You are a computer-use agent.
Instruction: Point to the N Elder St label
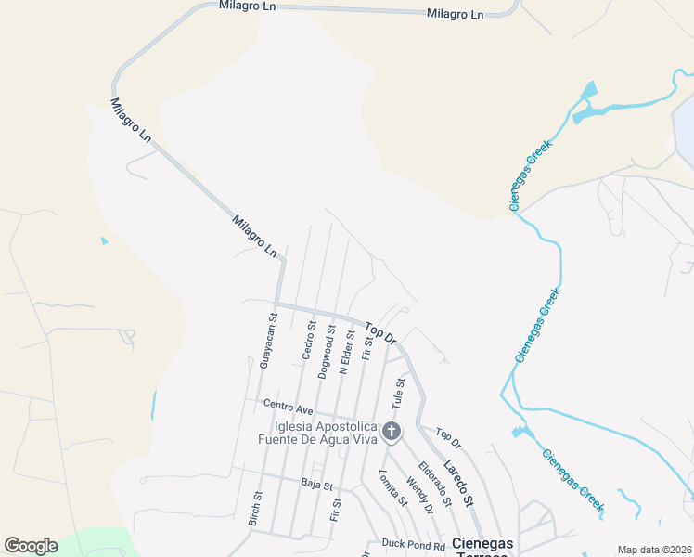pos(346,352)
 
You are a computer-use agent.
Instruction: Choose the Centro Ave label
pos(288,407)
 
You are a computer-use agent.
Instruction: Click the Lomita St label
pos(392,487)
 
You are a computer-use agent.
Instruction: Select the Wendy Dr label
pos(418,493)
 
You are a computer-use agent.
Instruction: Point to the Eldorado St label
pos(434,484)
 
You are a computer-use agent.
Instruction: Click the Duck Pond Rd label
pos(414,546)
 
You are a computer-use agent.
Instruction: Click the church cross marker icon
pos(392,431)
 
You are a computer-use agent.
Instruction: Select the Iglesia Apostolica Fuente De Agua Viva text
pos(318,433)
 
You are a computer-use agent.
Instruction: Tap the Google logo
pos(31,546)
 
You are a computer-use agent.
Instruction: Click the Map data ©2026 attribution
pos(654,550)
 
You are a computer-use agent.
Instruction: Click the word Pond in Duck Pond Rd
pos(415,546)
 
